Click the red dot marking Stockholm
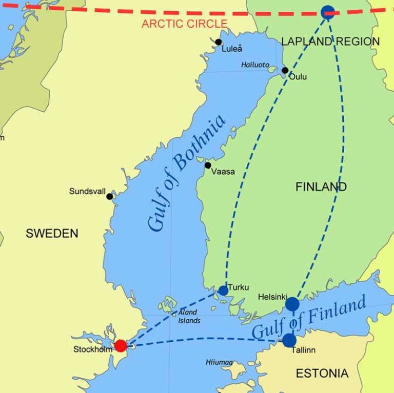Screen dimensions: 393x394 pyautogui.click(x=121, y=346)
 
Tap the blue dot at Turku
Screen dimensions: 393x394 pyautogui.click(x=223, y=291)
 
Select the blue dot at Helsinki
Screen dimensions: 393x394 pyautogui.click(x=292, y=304)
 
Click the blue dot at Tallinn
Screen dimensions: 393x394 pyautogui.click(x=289, y=340)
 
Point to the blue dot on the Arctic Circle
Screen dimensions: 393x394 pyautogui.click(x=328, y=12)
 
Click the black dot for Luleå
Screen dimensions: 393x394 pyautogui.click(x=219, y=42)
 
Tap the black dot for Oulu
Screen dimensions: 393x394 pyautogui.click(x=285, y=70)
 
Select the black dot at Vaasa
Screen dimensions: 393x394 pyautogui.click(x=208, y=165)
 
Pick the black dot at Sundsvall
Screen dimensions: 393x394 pyautogui.click(x=109, y=196)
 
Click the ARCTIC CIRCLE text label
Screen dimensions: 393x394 pyautogui.click(x=184, y=24)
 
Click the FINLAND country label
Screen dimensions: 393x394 pyautogui.click(x=321, y=187)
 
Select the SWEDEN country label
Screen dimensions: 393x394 pyautogui.click(x=52, y=234)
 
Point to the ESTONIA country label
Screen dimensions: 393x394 pyautogui.click(x=322, y=373)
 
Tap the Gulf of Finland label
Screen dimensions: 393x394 pyautogui.click(x=309, y=318)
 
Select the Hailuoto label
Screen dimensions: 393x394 pyautogui.click(x=255, y=65)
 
